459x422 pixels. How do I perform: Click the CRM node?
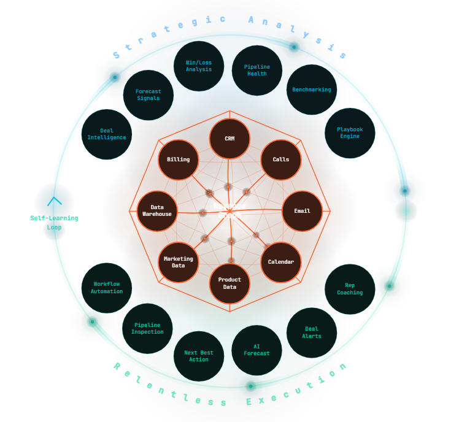coord(229,139)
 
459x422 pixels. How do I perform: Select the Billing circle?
coord(179,160)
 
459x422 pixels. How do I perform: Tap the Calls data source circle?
coord(281,160)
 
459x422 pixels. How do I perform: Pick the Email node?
coord(302,211)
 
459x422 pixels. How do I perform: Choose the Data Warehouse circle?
coord(157,211)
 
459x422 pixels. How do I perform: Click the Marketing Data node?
coord(179,262)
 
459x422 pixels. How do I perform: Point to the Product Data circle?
coord(229,283)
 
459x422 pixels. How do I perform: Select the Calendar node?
coord(281,262)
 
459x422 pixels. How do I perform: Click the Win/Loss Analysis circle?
coord(199,66)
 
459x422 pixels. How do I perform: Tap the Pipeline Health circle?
coord(257,71)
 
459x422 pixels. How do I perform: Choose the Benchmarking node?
coord(312,90)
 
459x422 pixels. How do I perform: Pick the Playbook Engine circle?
coord(350,133)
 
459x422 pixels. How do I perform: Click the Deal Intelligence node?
coord(107,134)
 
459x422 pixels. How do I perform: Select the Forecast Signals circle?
coord(148,95)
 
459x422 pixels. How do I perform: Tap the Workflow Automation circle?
coord(107,288)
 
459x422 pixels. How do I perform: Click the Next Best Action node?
coord(199,356)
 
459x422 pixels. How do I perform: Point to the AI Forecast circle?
coord(256,350)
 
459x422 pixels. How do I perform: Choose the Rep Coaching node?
coord(350,289)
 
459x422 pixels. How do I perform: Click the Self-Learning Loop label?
coord(54,223)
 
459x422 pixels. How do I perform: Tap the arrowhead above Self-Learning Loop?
coord(55,201)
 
